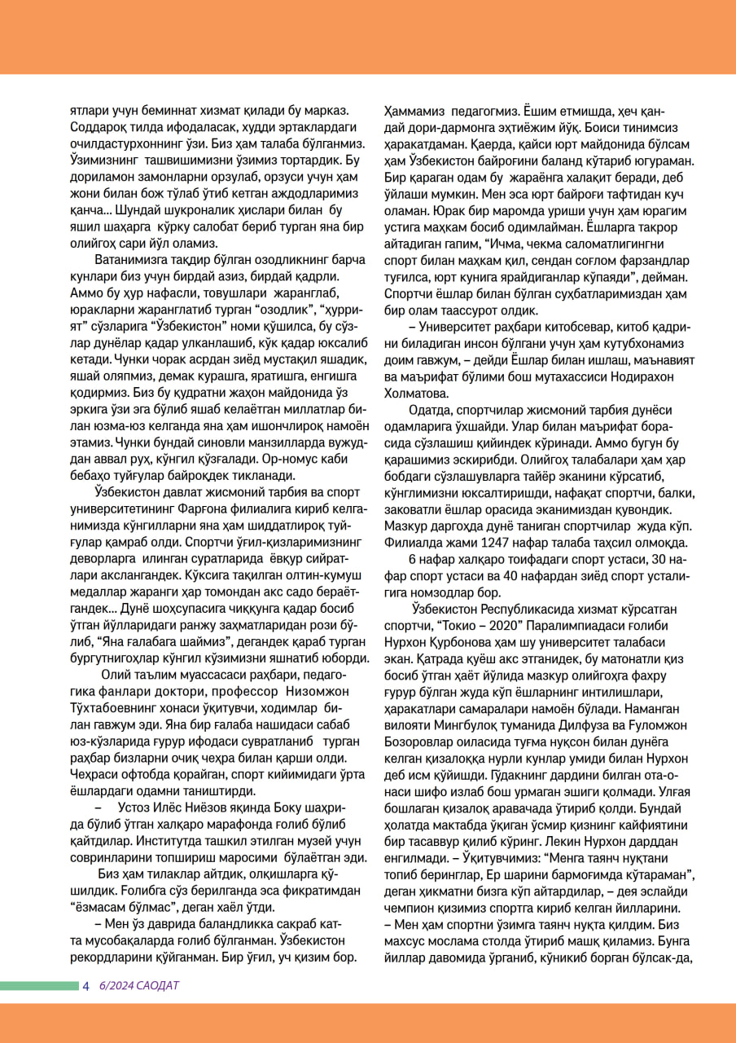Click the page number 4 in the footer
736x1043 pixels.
85,986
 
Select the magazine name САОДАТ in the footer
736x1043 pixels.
159,986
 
